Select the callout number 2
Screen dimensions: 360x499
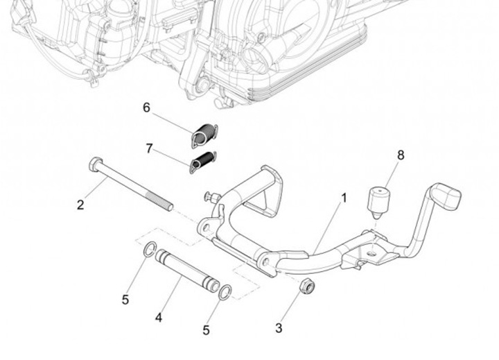(80, 205)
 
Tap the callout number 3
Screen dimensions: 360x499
(279, 328)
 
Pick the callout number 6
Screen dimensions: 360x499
(146, 108)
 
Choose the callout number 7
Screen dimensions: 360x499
(149, 148)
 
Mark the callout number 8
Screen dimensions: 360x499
(401, 155)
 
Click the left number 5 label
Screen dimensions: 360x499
(125, 300)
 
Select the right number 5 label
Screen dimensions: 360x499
(206, 330)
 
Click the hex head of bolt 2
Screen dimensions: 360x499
(95, 165)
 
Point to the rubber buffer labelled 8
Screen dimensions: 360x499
(378, 199)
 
